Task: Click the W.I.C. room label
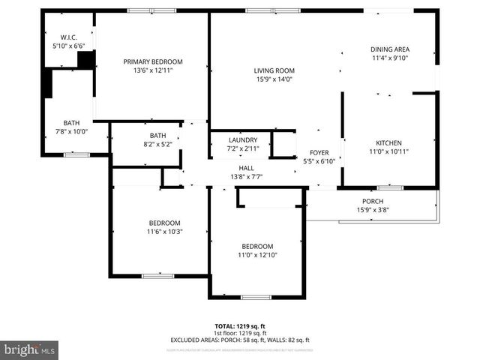pos(68,37)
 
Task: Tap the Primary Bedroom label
pos(153,61)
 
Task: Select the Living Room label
pos(274,70)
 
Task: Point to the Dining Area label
pos(390,49)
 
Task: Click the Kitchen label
pos(388,142)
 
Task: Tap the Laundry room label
pos(241,139)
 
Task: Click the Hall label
pos(247,168)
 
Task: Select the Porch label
pos(373,201)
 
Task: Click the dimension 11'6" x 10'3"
pos(164,232)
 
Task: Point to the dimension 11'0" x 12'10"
pos(257,255)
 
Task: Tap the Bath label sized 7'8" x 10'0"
pos(71,123)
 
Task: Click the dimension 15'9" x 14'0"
pos(274,79)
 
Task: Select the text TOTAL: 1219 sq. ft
pos(240,326)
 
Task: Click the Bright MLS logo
pos(30,349)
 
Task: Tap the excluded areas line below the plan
pos(240,340)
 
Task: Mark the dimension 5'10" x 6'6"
pos(68,46)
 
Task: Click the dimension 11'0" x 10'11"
pos(388,151)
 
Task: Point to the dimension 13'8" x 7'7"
pos(247,177)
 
